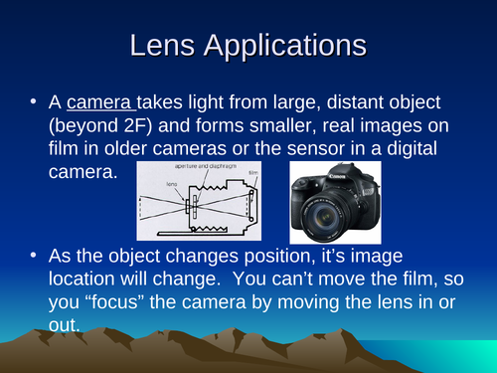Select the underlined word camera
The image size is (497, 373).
(104, 101)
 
